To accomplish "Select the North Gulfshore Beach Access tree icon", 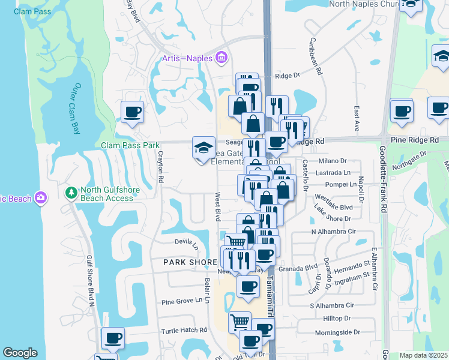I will (x=71, y=193).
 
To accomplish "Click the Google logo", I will (x=20, y=353).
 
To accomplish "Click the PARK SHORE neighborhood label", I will (x=190, y=263).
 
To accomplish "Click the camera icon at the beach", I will (x=41, y=197).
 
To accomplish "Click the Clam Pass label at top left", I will (x=31, y=11).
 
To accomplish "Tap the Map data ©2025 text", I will (x=423, y=355).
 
